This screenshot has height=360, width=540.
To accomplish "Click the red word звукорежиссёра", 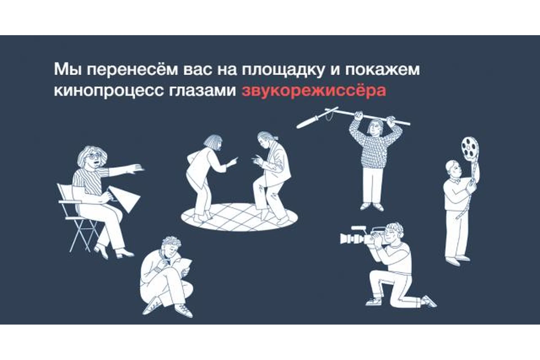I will (314, 91).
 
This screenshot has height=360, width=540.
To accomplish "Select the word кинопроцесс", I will (109, 91).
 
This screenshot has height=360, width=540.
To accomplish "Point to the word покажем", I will (382, 69).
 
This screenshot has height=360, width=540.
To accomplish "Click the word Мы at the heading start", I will (68, 69).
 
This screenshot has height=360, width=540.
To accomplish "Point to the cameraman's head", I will (394, 232).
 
